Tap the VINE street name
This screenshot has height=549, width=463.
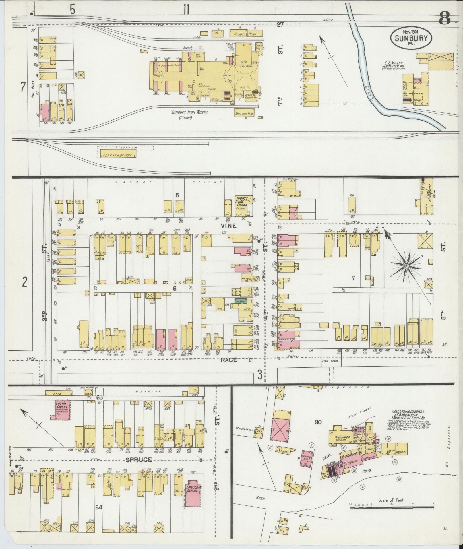click(228, 226)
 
